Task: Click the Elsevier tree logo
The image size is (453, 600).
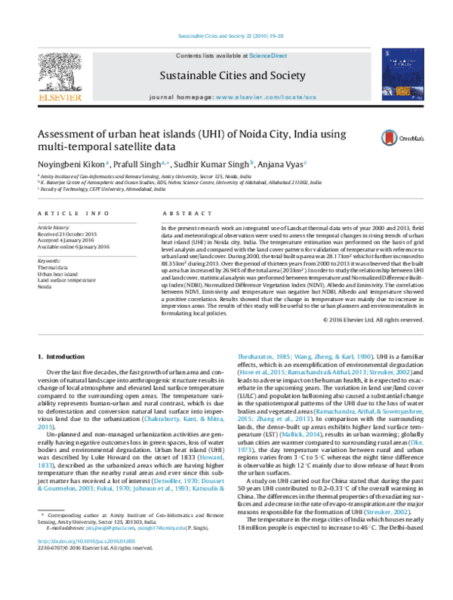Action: click(60, 72)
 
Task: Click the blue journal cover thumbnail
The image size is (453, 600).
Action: click(402, 74)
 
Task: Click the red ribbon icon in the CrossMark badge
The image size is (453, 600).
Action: click(389, 138)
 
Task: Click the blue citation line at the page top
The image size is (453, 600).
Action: click(230, 35)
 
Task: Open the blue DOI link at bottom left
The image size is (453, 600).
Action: click(86, 540)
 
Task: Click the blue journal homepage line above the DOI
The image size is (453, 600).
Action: click(135, 528)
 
